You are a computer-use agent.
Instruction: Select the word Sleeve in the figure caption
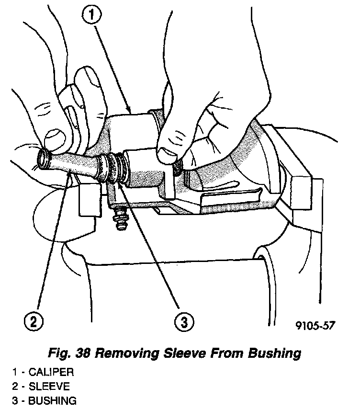pyautogui.click(x=184, y=354)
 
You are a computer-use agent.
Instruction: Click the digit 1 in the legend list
pyautogui.click(x=15, y=372)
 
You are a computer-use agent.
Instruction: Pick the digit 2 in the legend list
pyautogui.click(x=16, y=386)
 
